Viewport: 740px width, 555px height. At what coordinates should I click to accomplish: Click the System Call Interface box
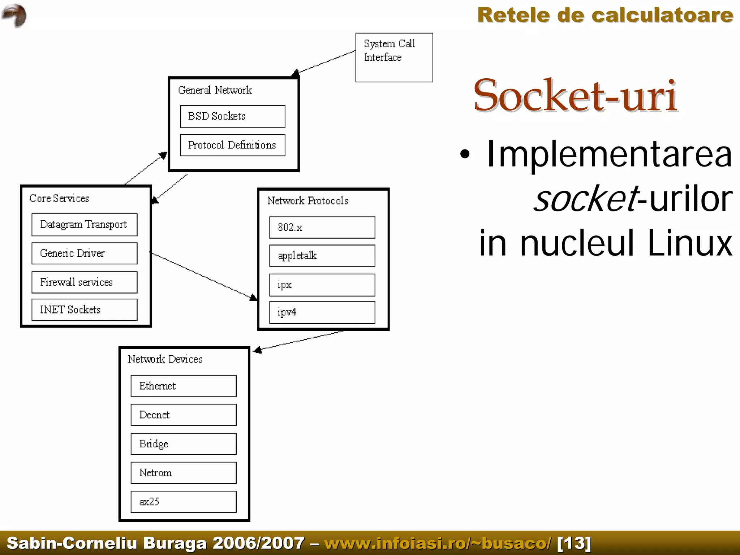point(394,57)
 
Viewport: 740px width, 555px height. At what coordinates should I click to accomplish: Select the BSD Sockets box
point(232,116)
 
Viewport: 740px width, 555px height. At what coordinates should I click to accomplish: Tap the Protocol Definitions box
point(232,145)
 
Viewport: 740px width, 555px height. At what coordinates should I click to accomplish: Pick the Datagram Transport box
point(84,225)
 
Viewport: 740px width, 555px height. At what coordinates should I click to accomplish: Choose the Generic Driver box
point(84,253)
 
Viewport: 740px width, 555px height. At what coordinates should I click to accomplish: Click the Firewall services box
point(84,282)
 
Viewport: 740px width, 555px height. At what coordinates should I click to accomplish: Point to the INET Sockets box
point(84,310)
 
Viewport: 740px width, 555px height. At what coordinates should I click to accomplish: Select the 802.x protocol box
point(322,227)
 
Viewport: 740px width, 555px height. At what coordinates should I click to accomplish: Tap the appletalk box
point(322,256)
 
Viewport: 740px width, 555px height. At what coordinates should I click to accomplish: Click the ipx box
point(322,285)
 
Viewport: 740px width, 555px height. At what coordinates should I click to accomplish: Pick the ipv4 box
point(322,312)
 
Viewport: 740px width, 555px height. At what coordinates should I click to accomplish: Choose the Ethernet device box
point(184,386)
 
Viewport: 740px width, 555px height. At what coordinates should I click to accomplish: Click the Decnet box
point(184,415)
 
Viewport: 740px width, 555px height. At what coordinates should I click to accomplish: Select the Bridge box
point(184,444)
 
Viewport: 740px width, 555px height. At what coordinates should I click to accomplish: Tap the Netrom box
point(184,473)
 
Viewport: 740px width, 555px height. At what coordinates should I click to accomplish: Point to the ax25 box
point(184,502)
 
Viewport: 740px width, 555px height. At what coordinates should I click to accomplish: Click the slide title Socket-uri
point(575,96)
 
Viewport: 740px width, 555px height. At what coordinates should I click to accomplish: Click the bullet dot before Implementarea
point(465,154)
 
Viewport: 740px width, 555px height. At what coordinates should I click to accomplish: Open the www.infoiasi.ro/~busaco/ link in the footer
point(438,543)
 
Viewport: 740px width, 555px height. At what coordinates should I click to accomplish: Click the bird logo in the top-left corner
point(14,15)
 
